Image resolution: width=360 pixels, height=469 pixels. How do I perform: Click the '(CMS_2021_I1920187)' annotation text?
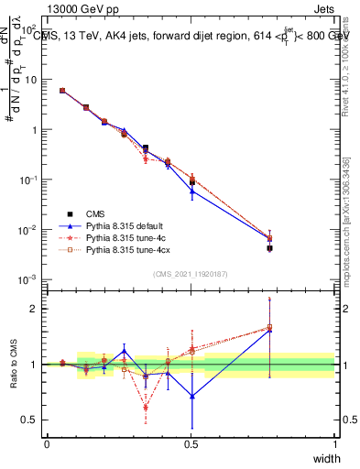pyautogui.click(x=190, y=273)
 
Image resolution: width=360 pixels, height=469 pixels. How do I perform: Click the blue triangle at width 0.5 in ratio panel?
pyautogui.click(x=191, y=397)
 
